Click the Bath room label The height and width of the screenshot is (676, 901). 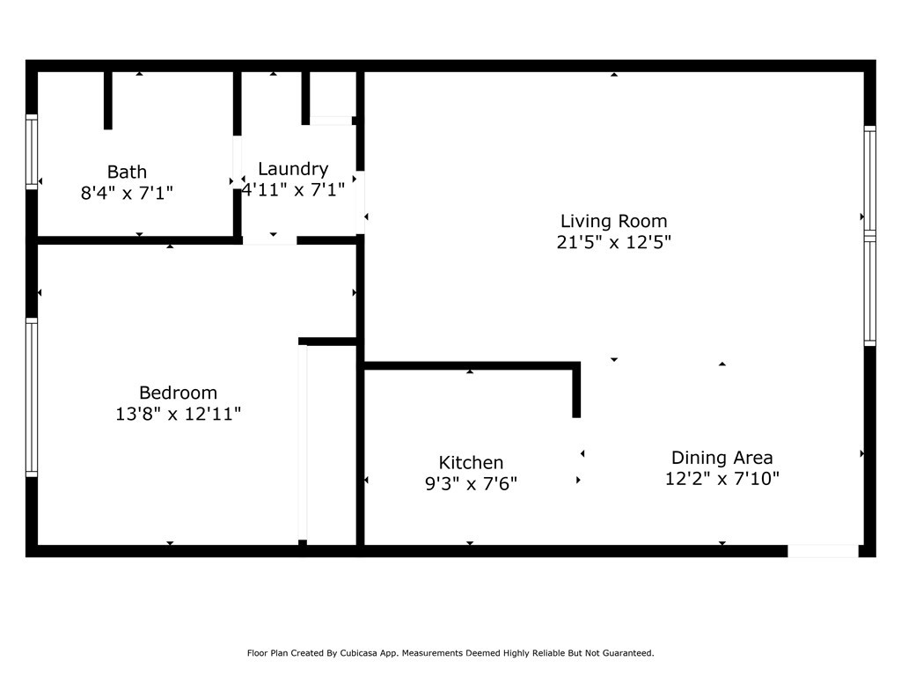pyautogui.click(x=127, y=172)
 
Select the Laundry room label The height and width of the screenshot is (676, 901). pyautogui.click(x=293, y=169)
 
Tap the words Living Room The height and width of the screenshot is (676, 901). pyautogui.click(x=613, y=221)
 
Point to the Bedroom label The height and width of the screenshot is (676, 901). pyautogui.click(x=178, y=393)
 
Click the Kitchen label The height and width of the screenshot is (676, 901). pyautogui.click(x=471, y=463)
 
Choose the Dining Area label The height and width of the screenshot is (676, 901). pyautogui.click(x=722, y=458)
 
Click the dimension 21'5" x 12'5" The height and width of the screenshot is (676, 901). pyautogui.click(x=613, y=242)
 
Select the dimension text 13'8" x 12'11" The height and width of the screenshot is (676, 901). pyautogui.click(x=178, y=414)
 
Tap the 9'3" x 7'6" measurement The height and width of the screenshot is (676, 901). pyautogui.click(x=471, y=484)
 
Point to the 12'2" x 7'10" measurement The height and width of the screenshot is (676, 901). pyautogui.click(x=722, y=479)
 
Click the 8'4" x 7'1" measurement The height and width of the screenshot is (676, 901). pyautogui.click(x=127, y=193)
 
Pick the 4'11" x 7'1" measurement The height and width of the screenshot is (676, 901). pyautogui.click(x=293, y=190)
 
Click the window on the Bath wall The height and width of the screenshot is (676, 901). pyautogui.click(x=32, y=151)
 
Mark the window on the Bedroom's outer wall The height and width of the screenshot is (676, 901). pyautogui.click(x=32, y=397)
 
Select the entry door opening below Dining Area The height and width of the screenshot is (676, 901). pyautogui.click(x=823, y=551)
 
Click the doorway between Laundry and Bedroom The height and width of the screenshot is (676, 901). pyautogui.click(x=269, y=240)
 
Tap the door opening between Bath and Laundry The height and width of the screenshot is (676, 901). pyautogui.click(x=237, y=163)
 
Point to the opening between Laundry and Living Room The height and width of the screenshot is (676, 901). pyautogui.click(x=360, y=202)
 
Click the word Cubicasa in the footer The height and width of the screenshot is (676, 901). pyautogui.click(x=360, y=653)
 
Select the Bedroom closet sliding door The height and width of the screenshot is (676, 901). pyautogui.click(x=303, y=443)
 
